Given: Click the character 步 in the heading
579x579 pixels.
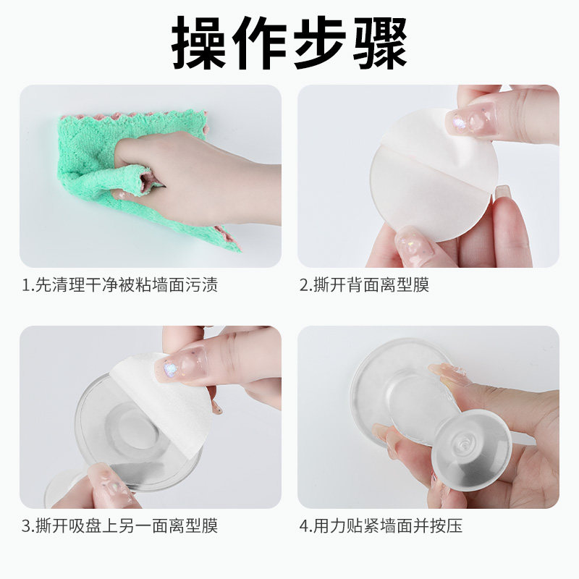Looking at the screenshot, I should point(321,42).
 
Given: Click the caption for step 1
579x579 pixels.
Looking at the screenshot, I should point(119,285).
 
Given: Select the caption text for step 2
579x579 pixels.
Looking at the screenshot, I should point(365,285).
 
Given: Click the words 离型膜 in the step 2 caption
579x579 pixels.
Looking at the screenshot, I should point(407,285).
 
